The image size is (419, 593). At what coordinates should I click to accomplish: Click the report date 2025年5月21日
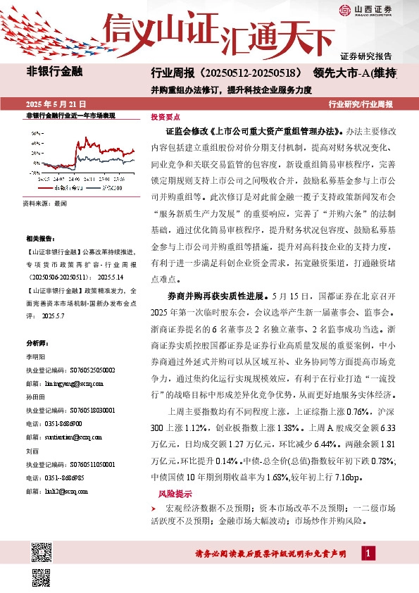click(x=54, y=104)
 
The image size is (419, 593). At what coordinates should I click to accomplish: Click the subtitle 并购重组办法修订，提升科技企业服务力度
click(x=232, y=89)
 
